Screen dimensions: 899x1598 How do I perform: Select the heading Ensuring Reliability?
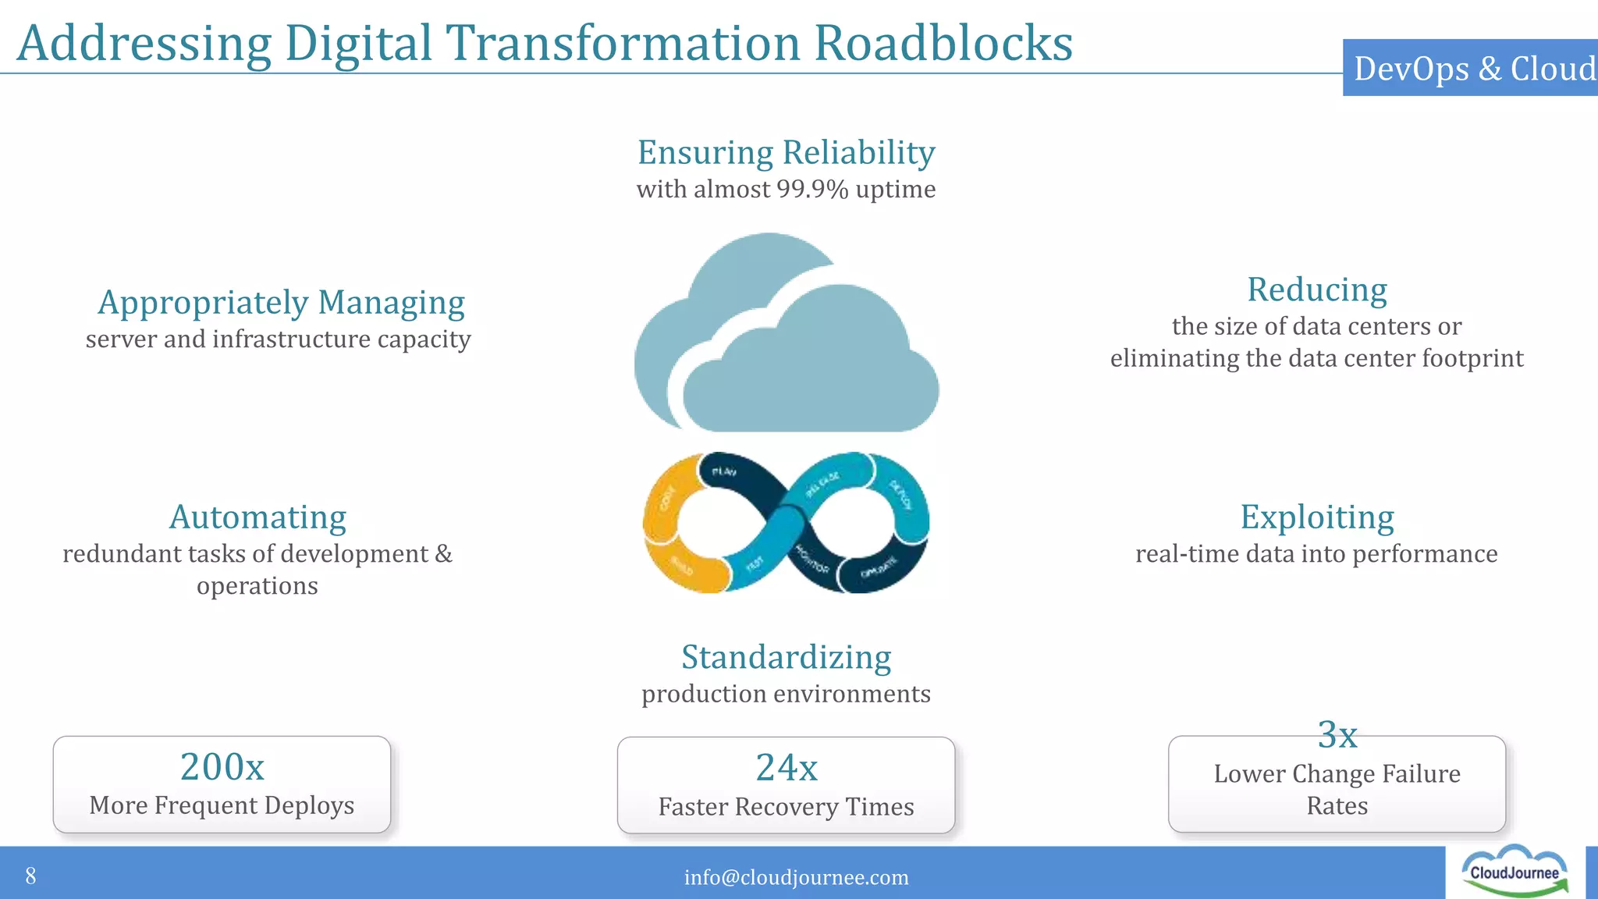point(786,152)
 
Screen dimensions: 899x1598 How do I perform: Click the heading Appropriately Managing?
point(281,303)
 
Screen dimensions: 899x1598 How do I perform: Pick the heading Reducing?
point(1316,290)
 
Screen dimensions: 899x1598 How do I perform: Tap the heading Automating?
point(257,517)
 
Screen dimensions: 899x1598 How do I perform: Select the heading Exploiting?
point(1316,517)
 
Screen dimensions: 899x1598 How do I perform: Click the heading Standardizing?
point(786,657)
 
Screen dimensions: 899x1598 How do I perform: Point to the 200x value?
point(222,766)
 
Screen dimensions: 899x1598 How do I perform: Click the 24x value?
point(786,767)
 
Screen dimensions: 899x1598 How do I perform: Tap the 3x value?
point(1337,734)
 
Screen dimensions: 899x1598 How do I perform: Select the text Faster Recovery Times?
point(786,807)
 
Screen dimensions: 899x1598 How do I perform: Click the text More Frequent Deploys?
point(222,805)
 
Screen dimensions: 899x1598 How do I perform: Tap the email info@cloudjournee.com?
point(796,877)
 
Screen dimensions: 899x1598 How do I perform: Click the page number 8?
point(30,876)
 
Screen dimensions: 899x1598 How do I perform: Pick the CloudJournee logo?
point(1514,872)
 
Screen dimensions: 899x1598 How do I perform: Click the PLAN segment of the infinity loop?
point(724,472)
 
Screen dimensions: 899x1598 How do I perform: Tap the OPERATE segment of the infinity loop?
point(879,571)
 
